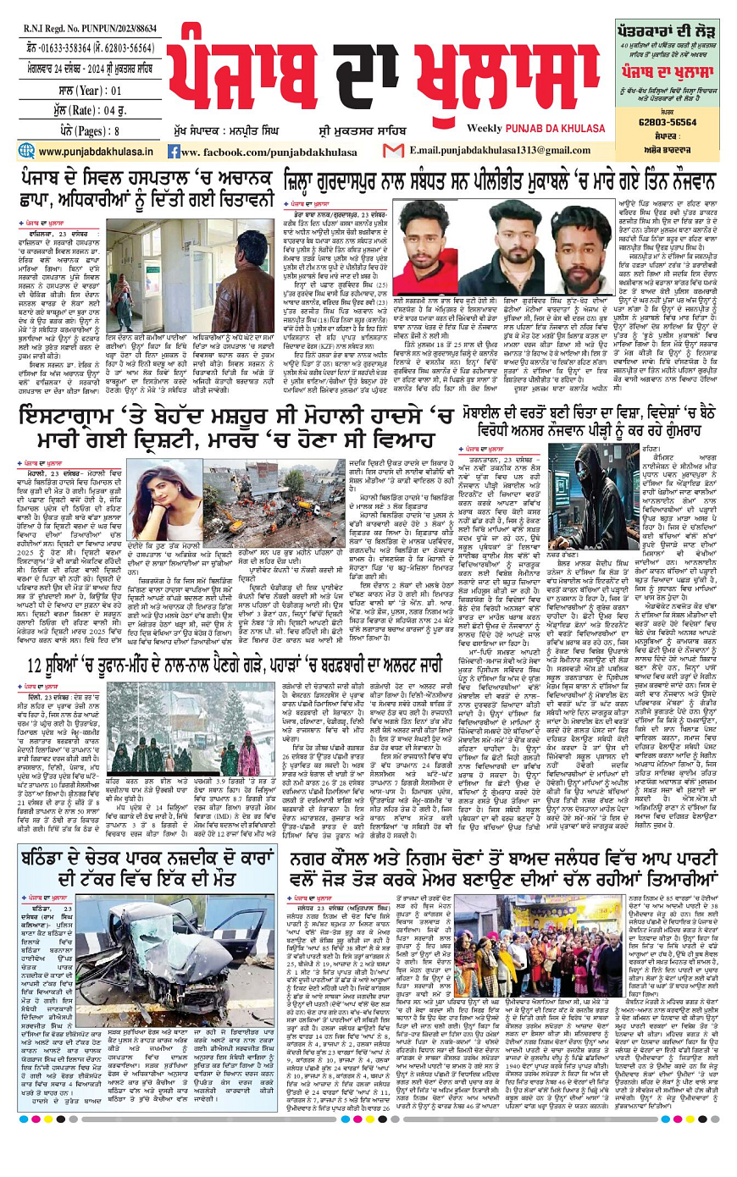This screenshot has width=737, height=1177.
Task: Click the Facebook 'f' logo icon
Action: point(174,152)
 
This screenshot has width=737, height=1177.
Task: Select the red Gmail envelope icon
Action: point(392,151)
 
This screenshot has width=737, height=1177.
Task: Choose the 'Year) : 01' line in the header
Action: point(89,91)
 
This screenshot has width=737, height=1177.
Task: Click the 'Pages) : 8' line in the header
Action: point(89,131)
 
